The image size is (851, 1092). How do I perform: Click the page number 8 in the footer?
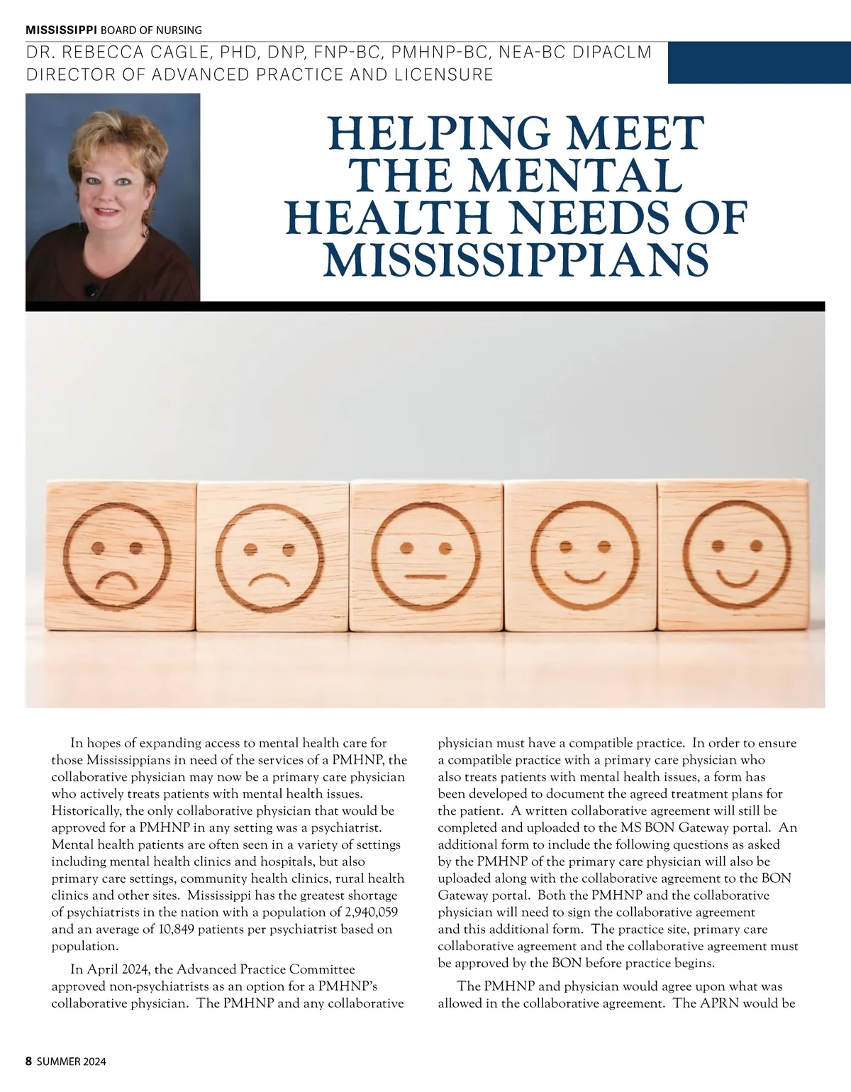(x=29, y=1062)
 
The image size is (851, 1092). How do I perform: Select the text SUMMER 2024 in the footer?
(x=72, y=1062)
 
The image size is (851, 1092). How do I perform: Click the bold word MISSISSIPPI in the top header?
(x=62, y=30)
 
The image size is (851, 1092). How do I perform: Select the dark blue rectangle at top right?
(x=759, y=62)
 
